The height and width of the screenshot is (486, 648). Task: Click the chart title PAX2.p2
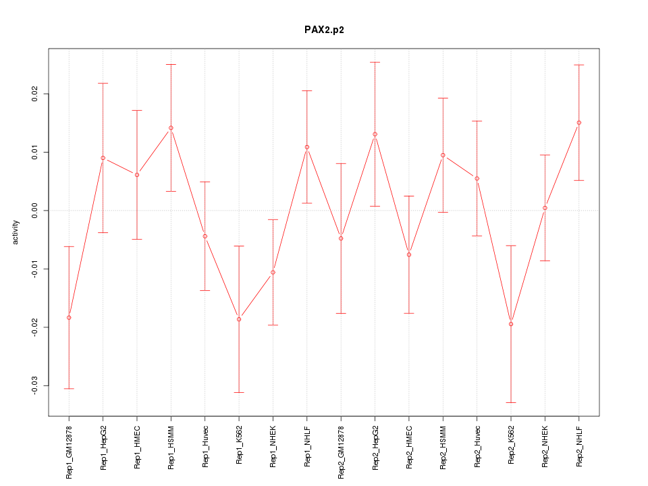point(324,30)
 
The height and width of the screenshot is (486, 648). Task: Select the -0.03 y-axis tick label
point(35,385)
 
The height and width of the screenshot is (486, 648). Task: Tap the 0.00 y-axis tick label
point(35,211)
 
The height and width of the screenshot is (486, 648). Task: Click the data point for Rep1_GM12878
point(69,317)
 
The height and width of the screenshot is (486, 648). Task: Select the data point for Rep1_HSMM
point(171,128)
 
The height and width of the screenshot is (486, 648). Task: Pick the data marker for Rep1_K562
point(239,319)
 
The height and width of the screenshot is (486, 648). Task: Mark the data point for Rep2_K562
point(511,324)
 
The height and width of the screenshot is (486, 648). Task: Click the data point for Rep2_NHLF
point(579,123)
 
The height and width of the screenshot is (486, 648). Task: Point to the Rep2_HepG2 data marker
point(375,134)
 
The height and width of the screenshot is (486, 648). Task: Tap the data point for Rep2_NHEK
point(545,208)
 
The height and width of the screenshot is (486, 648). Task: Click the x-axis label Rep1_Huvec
point(205,448)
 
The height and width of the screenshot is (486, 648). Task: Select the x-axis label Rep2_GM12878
point(341,452)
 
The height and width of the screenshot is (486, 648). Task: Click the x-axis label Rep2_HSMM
point(443,449)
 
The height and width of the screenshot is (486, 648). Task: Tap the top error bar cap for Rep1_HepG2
point(103,83)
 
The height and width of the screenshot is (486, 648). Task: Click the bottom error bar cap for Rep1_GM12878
point(69,389)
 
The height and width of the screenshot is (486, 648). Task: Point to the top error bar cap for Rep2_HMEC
point(409,196)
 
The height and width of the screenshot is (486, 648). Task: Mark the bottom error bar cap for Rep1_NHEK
point(273,325)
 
